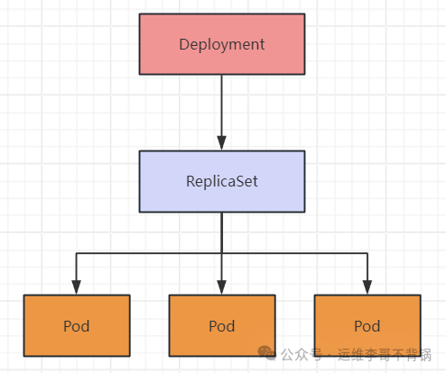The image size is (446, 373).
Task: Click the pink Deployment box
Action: [x=222, y=44]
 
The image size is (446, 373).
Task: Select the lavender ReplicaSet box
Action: [x=222, y=181]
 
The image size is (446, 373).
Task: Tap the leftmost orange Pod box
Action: [x=77, y=325]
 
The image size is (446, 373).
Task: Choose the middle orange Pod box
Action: [x=222, y=325]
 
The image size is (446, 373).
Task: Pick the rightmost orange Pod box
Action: [x=367, y=325]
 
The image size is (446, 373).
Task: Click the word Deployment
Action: [x=222, y=45]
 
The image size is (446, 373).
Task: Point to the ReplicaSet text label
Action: [x=222, y=181]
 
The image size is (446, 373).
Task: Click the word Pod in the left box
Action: [x=77, y=326]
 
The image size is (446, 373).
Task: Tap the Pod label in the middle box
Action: [x=222, y=326]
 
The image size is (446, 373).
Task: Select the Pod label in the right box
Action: [x=367, y=326]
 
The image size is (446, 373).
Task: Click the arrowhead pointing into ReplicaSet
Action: [x=222, y=143]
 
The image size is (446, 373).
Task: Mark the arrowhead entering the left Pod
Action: [x=76, y=287]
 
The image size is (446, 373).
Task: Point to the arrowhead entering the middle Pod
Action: [x=222, y=287]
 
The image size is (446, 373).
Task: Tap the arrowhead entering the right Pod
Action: [x=367, y=287]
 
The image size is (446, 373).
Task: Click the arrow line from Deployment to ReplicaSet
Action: [x=222, y=113]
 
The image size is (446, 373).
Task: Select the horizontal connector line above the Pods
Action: [x=222, y=253]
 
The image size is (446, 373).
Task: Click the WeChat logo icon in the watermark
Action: [x=266, y=353]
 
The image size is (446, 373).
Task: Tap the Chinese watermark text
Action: [x=356, y=355]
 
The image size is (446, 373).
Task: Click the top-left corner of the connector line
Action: [x=76, y=253]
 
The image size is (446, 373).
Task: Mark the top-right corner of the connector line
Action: [x=367, y=253]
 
